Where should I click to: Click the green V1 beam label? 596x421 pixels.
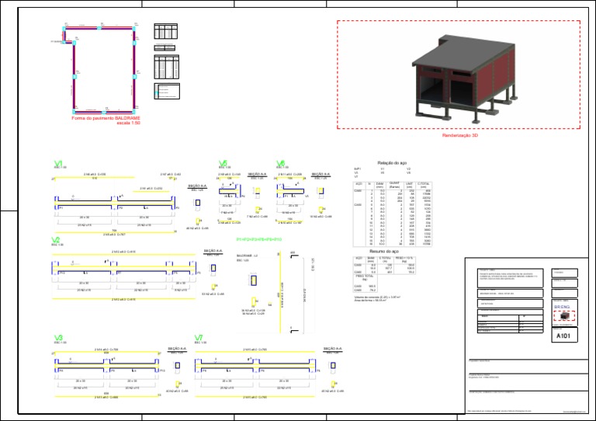tap(58, 163)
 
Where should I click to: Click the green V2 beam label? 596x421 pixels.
tap(56, 241)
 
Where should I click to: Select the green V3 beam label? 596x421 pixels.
tap(58, 338)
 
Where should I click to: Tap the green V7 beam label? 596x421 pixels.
tap(199, 338)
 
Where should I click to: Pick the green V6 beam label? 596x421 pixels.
tap(280, 163)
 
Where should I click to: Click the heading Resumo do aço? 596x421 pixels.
tap(384, 252)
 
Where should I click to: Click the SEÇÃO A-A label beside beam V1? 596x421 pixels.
tap(198, 186)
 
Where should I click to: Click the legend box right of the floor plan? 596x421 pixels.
tap(167, 92)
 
